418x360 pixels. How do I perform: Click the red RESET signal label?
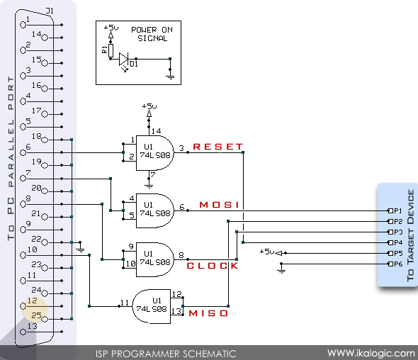coord(218,147)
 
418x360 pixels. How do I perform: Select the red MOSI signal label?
coord(219,206)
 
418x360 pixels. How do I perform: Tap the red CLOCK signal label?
coord(213,266)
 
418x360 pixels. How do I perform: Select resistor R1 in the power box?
coord(111,50)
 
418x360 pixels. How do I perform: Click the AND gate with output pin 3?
coord(156,152)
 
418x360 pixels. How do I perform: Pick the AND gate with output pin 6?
coord(156,208)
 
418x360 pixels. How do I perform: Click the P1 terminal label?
coord(397,211)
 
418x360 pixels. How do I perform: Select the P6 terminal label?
coord(397,264)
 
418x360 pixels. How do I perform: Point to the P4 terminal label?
coord(397,242)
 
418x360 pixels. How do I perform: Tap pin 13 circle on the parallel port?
coord(26,328)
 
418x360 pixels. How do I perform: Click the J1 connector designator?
coord(49,11)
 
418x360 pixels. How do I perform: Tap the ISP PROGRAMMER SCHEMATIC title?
coord(166,353)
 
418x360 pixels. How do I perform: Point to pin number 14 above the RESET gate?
coord(159,130)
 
